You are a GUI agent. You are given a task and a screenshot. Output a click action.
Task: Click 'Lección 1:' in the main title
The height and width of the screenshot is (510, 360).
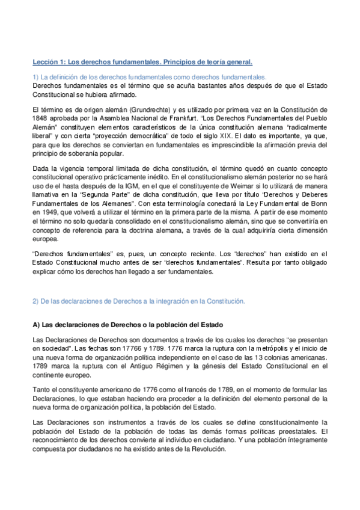pos(48,62)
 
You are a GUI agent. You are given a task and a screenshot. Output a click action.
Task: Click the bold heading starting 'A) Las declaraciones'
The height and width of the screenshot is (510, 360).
pos(123,325)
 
